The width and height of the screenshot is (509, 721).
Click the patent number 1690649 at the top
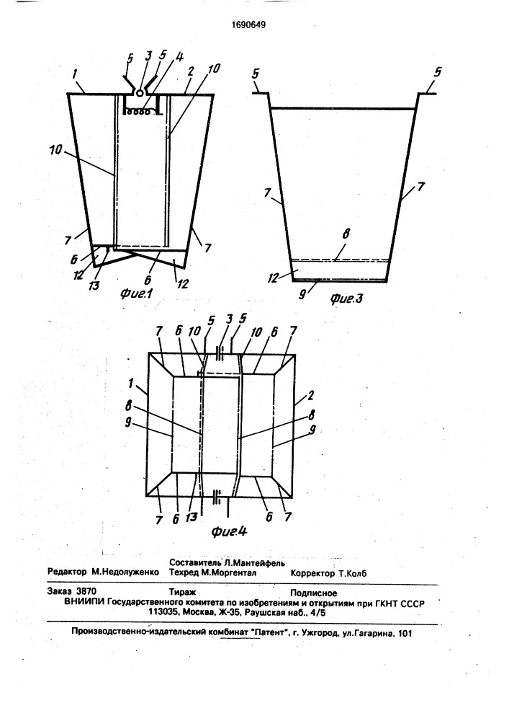pyautogui.click(x=248, y=25)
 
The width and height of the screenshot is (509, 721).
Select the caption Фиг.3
pyautogui.click(x=346, y=298)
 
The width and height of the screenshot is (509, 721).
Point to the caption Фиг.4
pyautogui.click(x=229, y=531)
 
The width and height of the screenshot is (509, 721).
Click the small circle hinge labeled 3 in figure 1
pyautogui.click(x=140, y=92)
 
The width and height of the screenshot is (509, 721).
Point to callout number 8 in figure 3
pyautogui.click(x=346, y=234)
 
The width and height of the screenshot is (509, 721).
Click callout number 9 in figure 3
pyautogui.click(x=303, y=295)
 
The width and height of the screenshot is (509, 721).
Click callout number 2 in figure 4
pyautogui.click(x=310, y=395)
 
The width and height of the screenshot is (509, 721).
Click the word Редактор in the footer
pyautogui.click(x=67, y=572)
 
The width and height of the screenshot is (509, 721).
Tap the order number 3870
pyautogui.click(x=86, y=593)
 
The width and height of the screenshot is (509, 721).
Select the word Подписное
pyautogui.click(x=314, y=593)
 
